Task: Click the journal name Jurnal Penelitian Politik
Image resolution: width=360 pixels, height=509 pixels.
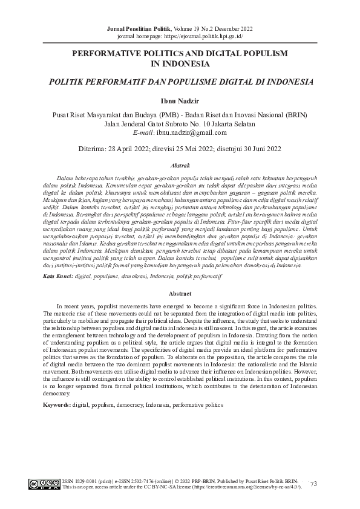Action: [139, 28]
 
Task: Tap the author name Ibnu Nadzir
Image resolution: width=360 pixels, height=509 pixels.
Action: [180, 101]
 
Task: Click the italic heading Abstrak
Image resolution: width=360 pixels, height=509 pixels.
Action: [180, 165]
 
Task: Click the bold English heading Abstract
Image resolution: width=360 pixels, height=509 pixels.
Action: [180, 294]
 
